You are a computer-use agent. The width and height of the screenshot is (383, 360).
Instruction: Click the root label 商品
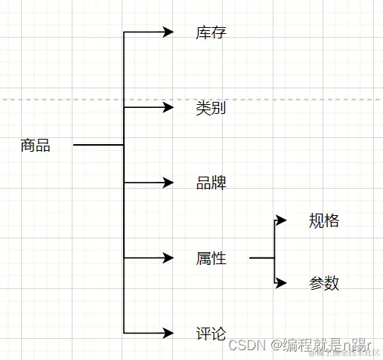tap(36, 146)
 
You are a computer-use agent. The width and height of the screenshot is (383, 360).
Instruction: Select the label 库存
tap(211, 32)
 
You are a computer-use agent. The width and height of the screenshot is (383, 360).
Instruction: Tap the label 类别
tap(211, 108)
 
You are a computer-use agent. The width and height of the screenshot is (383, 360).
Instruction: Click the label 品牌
tap(211, 183)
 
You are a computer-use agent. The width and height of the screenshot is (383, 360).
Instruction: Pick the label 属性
tap(211, 259)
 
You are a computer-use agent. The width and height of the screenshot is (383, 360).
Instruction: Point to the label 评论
tap(211, 333)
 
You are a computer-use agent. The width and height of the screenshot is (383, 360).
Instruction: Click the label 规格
tap(324, 221)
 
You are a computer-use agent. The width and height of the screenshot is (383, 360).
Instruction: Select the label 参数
tap(324, 283)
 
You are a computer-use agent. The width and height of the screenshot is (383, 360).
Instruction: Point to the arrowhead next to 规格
tap(282, 220)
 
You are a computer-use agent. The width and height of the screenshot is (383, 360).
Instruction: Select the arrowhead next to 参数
tap(282, 283)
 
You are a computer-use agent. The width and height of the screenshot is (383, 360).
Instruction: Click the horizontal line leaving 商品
tap(98, 144)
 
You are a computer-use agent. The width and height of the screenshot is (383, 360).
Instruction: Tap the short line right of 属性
tap(261, 258)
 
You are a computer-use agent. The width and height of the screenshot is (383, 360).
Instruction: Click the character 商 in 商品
tap(28, 146)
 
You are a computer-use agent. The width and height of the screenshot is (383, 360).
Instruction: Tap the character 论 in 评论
tap(218, 333)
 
